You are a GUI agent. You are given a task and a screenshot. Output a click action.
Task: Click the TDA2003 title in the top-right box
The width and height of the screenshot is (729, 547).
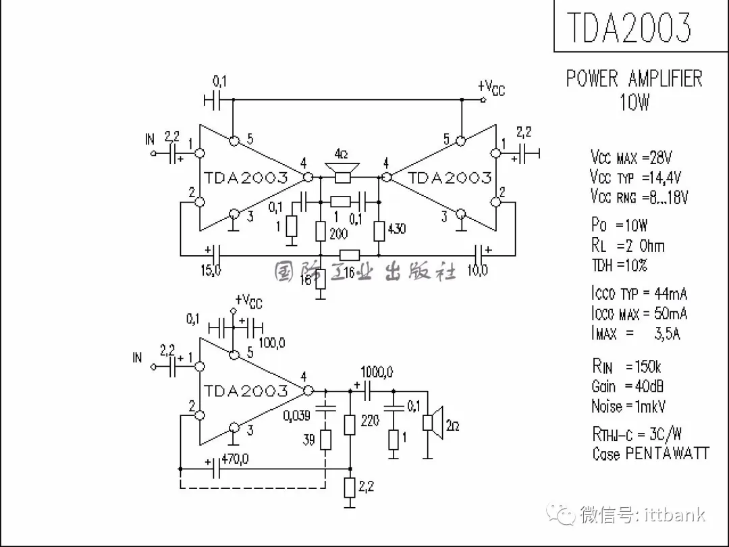[628, 27]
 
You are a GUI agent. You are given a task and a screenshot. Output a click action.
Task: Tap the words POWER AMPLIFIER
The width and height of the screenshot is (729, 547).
[634, 78]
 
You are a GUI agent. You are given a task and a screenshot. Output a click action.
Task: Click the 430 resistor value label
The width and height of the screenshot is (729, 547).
[398, 229]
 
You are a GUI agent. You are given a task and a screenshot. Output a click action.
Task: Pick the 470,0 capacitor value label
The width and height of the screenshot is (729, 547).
[235, 460]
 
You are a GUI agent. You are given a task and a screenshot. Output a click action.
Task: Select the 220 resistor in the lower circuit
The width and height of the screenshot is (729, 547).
[350, 424]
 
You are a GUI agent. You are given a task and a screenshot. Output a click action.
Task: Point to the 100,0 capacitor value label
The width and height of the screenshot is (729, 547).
[271, 343]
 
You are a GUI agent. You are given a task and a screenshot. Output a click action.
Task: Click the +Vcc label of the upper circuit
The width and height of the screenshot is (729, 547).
[491, 87]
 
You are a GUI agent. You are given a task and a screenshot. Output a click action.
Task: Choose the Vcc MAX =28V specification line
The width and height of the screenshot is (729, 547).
[631, 158]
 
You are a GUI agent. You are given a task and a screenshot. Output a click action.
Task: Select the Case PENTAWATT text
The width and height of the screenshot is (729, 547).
[651, 453]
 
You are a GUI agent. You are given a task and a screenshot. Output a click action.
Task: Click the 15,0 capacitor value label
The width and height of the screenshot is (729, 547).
[211, 271]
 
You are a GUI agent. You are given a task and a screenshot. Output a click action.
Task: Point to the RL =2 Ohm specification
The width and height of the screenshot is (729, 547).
[628, 245]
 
